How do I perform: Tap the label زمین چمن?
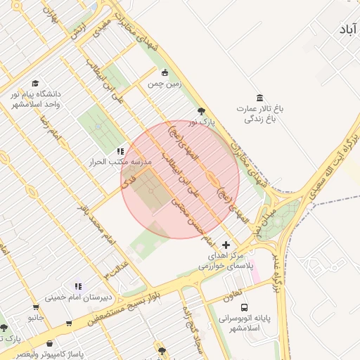coord(164,83)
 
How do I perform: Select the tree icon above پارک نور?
coord(202,111)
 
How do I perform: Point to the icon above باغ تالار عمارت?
coord(260,97)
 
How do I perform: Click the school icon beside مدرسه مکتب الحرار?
coord(120,150)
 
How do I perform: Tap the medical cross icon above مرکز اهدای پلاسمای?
coord(225,245)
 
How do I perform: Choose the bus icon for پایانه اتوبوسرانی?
coord(244,307)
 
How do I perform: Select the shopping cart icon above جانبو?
coord(36,307)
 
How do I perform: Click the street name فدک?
coord(128,181)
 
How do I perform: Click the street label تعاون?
coord(233,290)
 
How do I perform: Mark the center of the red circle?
coord(180,180)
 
